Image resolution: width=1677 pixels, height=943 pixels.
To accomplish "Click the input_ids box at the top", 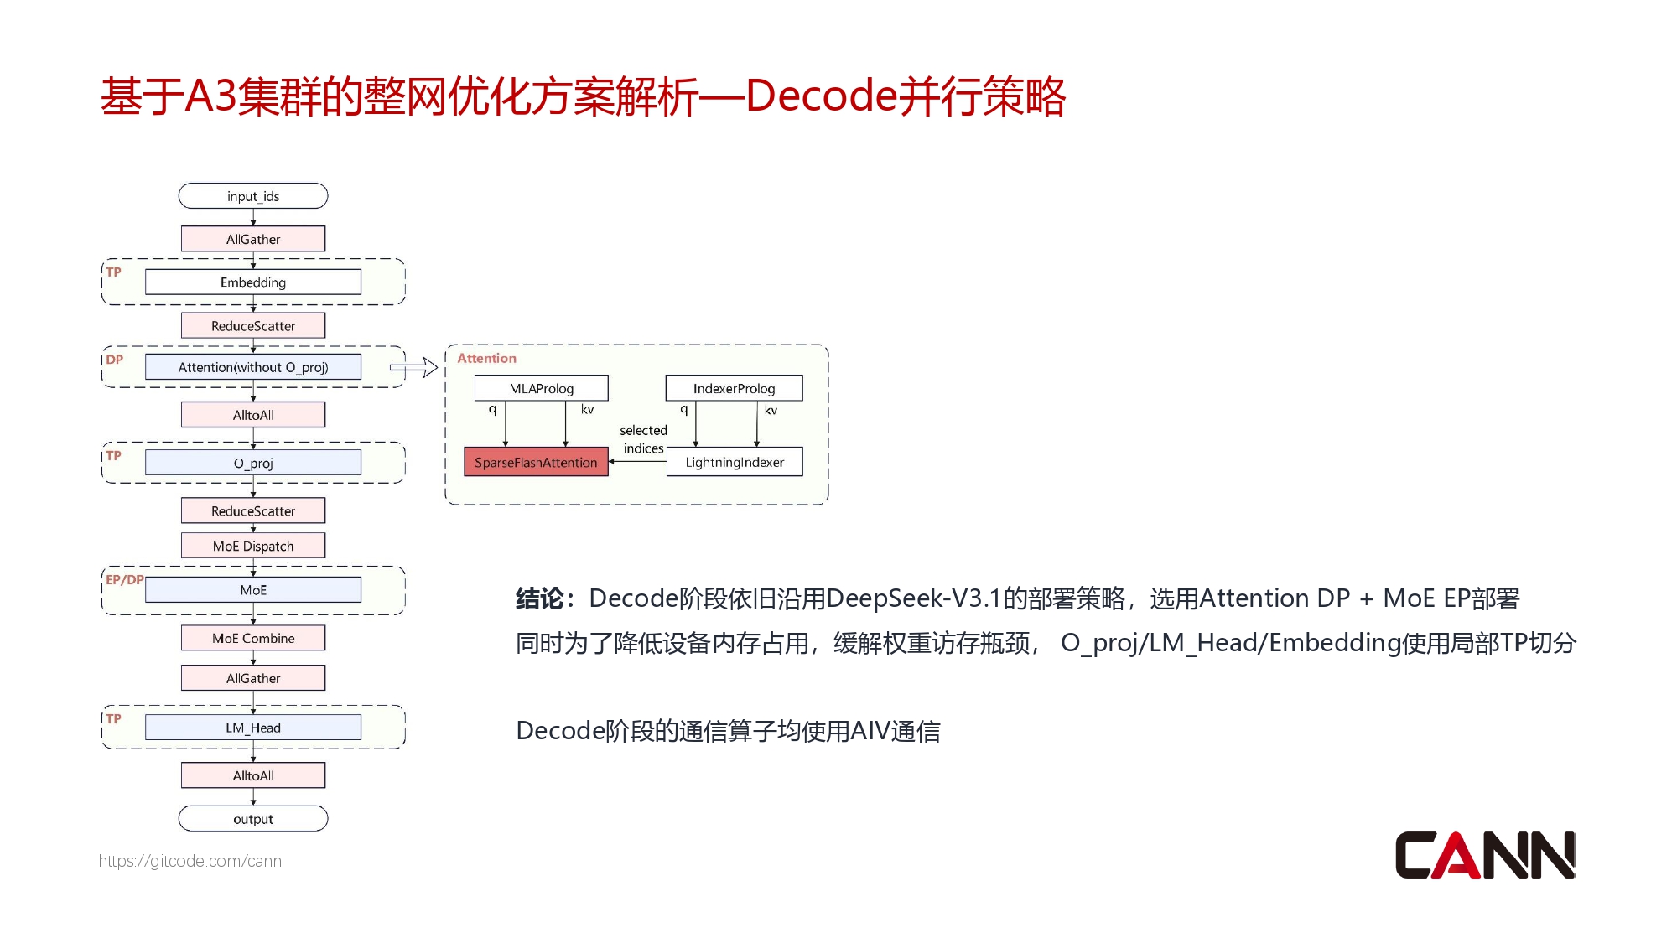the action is pos(253,196).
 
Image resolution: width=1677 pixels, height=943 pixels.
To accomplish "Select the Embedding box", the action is pos(253,282).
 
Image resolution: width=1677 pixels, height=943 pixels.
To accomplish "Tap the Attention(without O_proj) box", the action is pos(253,367).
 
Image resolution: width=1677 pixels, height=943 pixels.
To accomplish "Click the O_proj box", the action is pos(253,463).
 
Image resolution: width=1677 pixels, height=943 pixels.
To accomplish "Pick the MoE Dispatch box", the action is pos(253,546).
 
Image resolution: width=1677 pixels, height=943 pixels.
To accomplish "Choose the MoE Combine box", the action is pos(253,638).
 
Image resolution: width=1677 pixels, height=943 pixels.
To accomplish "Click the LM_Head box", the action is pos(253,728).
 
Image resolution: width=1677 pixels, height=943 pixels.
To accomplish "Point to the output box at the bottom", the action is pos(253,819).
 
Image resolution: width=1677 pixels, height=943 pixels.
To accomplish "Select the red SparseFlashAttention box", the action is pos(536,462).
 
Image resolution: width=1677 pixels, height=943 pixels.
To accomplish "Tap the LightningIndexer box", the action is pos(735,462).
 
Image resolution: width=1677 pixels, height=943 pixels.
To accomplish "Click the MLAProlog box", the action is pos(542,388).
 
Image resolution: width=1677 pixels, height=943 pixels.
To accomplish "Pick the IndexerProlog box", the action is pos(734,388).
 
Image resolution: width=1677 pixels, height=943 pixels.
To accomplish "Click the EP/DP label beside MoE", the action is pos(124,579).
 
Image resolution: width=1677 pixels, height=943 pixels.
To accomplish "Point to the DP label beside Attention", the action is pos(114,360).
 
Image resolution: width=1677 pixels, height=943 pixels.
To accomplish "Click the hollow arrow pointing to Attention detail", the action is pos(414,367).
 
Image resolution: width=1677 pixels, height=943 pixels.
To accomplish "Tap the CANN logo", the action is pos(1485,855).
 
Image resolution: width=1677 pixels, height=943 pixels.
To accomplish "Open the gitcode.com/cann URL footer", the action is pos(190,861).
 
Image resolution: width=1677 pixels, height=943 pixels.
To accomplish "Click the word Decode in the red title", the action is pos(821,96).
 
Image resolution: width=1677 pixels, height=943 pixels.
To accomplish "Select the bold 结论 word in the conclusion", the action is pos(539,598).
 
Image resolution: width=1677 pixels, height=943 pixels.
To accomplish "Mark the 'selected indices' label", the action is pos(643,439).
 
